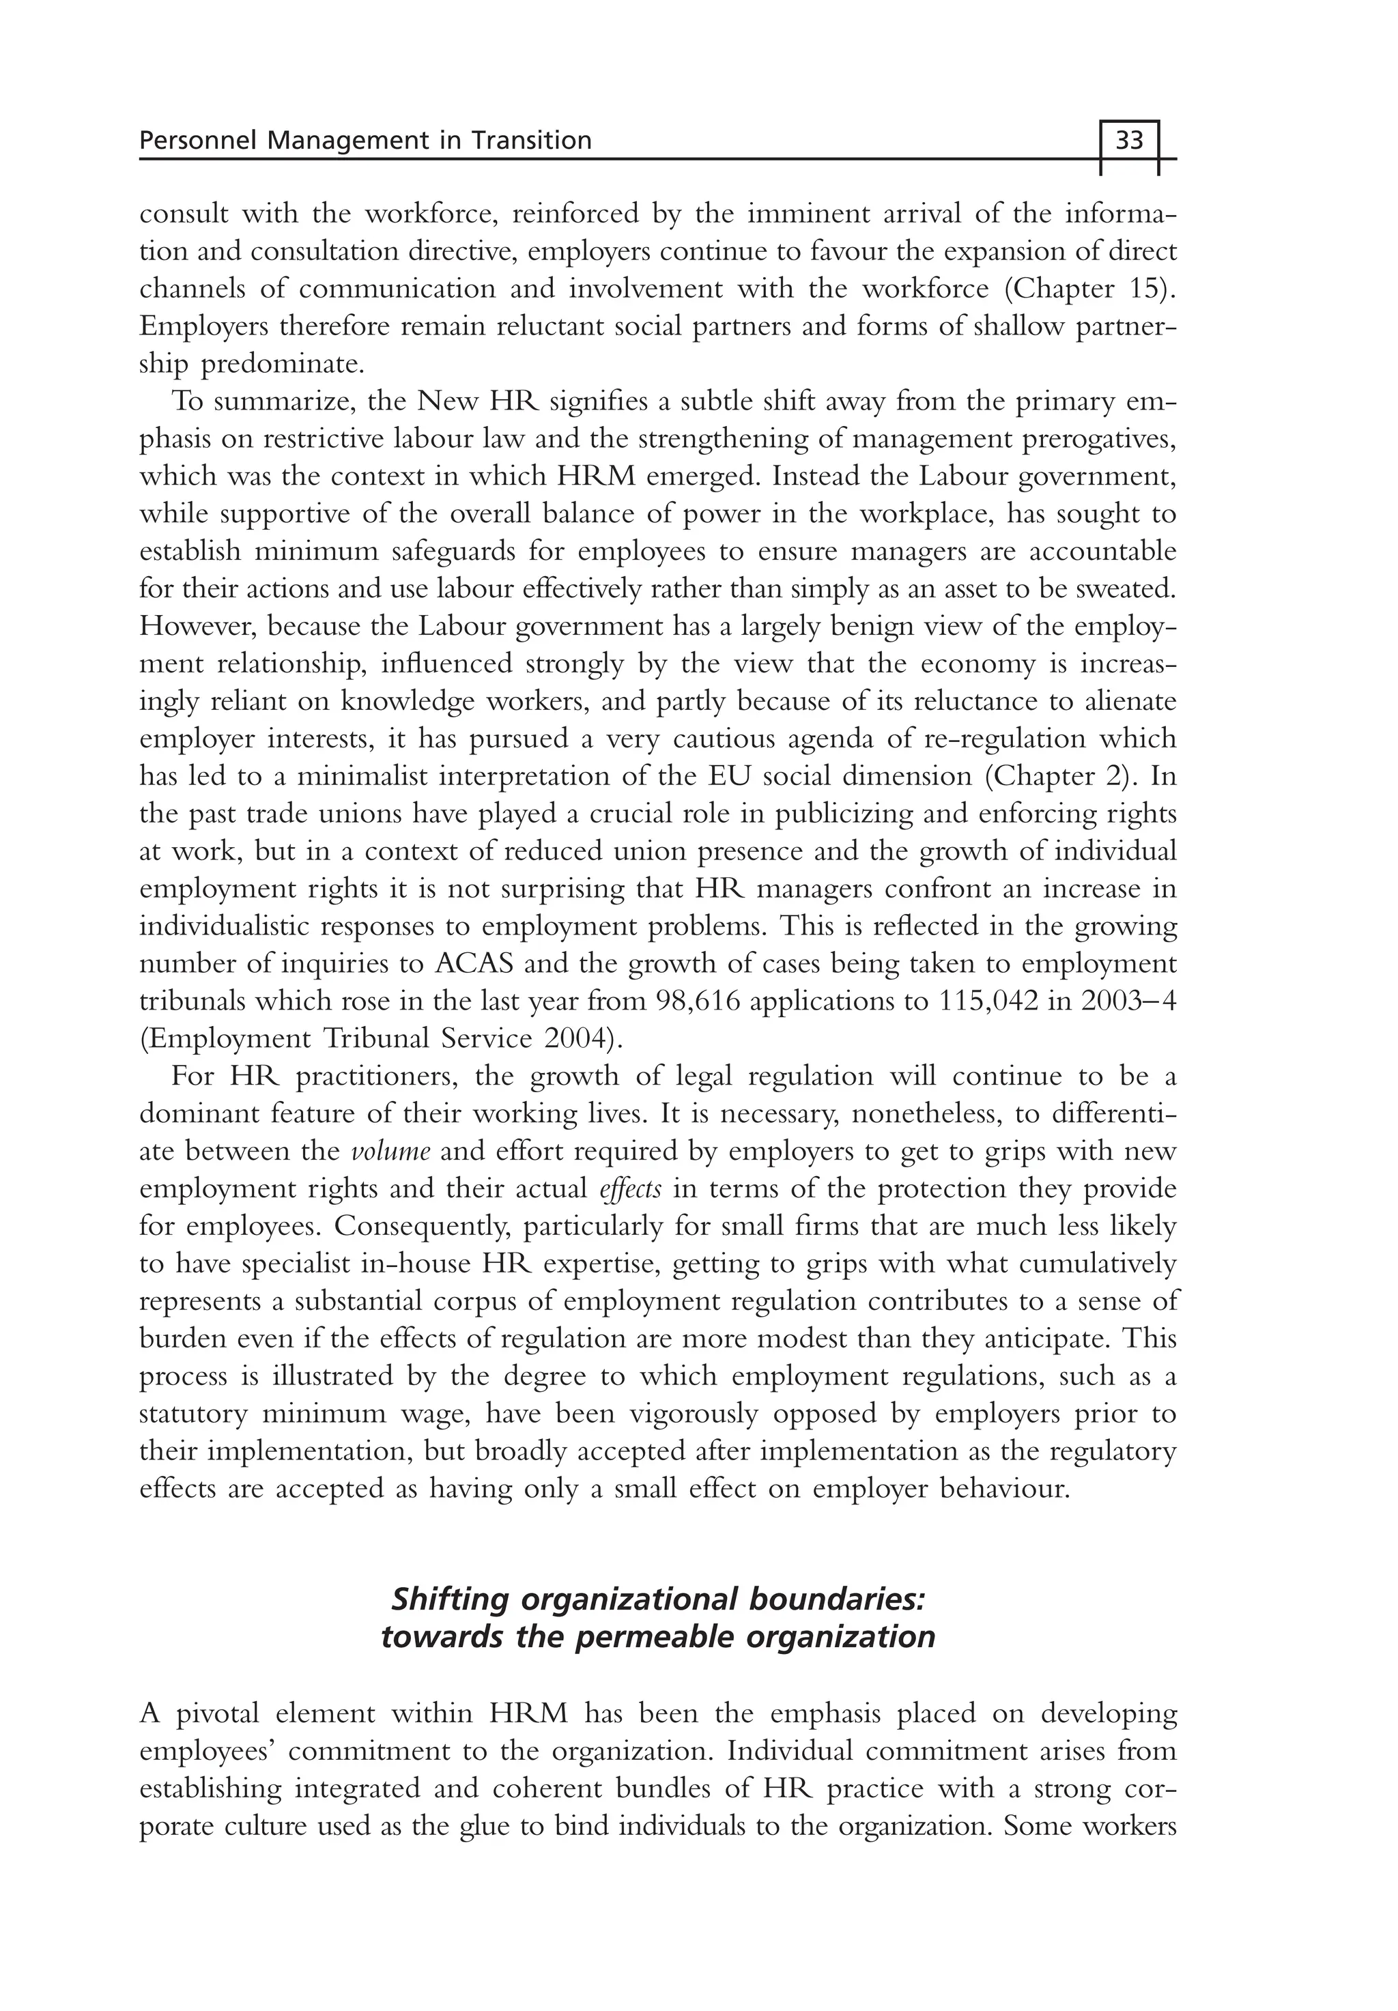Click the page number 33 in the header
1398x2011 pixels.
[x=1129, y=140]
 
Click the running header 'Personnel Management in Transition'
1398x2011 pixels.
[x=365, y=140]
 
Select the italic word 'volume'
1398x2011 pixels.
[x=390, y=1151]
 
